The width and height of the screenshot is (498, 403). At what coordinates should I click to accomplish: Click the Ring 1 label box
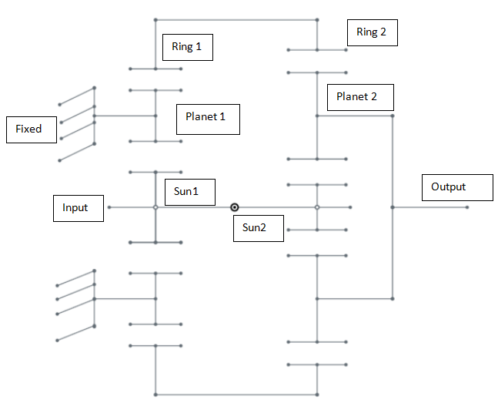coord(187,47)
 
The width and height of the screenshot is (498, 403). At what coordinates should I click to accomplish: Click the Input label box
coord(78,208)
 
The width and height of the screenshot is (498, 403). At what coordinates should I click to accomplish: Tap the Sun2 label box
coord(258,227)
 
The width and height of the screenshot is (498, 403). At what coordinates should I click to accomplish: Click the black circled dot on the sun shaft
coord(235,207)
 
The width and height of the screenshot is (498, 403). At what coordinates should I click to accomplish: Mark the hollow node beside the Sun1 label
coord(155,207)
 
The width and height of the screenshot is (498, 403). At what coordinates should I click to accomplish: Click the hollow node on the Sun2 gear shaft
coord(317,207)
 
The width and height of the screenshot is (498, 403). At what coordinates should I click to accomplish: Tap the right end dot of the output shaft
coord(467,207)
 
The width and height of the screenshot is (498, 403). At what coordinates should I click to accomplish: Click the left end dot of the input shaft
coord(109,207)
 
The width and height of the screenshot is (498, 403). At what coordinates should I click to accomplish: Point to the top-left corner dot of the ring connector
coord(155,19)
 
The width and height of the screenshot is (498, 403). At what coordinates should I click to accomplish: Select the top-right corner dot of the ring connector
coord(317,19)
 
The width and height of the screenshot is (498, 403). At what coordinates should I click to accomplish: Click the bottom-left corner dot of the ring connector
coord(155,395)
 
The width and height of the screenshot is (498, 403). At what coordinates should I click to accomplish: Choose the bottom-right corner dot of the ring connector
coord(317,395)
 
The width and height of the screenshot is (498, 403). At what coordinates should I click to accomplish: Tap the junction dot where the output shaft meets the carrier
coord(393,207)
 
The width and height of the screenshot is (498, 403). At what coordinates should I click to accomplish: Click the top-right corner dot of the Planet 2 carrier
coord(393,116)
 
